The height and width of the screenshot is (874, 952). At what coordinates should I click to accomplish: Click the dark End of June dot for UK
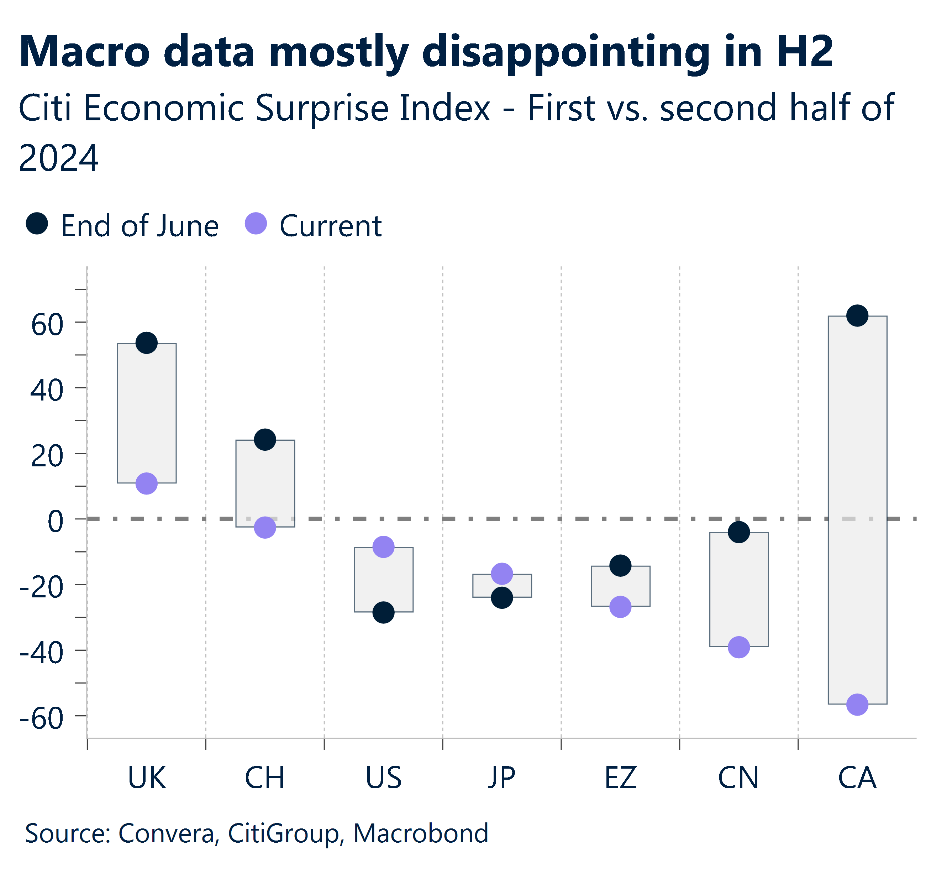[147, 342]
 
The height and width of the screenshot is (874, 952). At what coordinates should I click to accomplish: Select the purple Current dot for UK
[147, 483]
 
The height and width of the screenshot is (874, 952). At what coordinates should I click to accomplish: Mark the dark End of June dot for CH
[265, 439]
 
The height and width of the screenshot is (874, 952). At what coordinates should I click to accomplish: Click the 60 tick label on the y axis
[47, 325]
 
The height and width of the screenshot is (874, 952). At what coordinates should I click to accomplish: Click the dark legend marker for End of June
[37, 223]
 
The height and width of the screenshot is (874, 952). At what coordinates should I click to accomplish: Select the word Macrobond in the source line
[421, 833]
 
